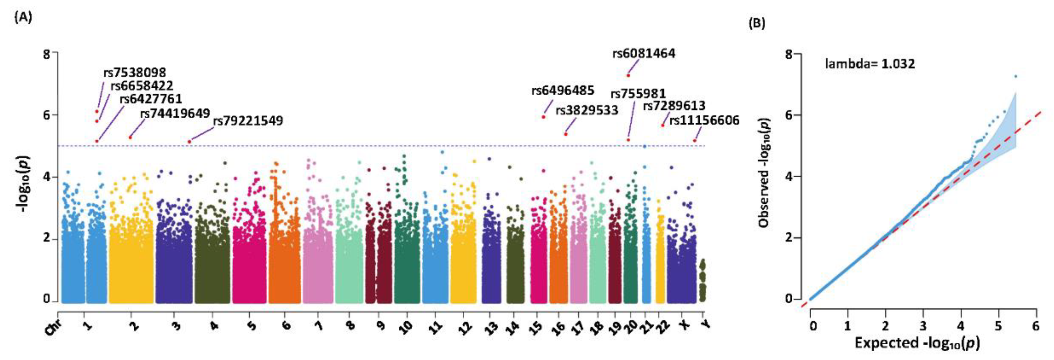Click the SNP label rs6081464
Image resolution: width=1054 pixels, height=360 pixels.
(644, 54)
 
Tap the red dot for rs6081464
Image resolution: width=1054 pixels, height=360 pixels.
(628, 75)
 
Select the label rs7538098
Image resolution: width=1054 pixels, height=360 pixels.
(135, 72)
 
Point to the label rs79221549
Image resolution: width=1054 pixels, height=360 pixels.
(248, 121)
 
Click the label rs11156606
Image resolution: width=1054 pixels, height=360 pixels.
(704, 120)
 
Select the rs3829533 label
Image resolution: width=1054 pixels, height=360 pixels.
(587, 111)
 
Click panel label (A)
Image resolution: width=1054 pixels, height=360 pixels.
(23, 18)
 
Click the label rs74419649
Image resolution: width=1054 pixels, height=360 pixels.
(175, 113)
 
